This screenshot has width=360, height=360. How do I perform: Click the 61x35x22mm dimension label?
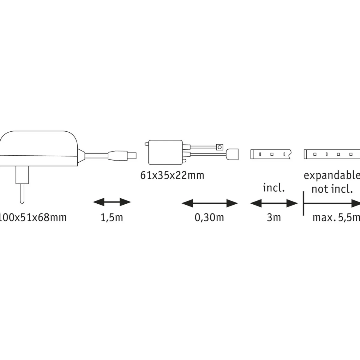(172, 175)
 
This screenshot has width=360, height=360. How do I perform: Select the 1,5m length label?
(112, 217)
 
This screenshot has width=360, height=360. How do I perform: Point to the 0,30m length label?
(209, 217)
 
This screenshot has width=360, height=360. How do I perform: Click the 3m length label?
(274, 217)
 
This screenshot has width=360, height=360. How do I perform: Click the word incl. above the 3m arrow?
(274, 188)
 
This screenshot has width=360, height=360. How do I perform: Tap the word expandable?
(332, 175)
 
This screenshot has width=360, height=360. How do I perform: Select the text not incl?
(332, 189)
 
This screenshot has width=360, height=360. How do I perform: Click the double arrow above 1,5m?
(112, 202)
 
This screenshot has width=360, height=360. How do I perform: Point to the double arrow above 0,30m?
(209, 203)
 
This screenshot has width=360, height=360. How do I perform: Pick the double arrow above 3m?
(274, 203)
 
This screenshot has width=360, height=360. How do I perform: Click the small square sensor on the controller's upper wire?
(220, 147)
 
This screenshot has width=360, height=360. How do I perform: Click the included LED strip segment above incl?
(270, 154)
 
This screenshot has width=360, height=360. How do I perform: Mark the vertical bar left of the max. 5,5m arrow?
(304, 203)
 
